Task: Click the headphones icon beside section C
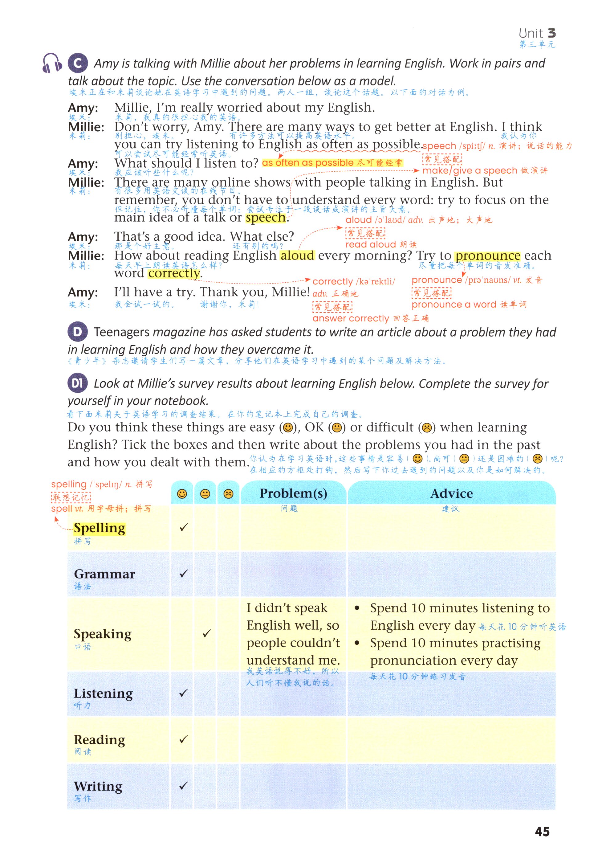click(x=52, y=63)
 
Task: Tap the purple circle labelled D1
click(x=78, y=383)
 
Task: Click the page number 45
click(x=542, y=832)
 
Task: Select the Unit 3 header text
click(x=537, y=33)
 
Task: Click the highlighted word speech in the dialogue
click(x=266, y=218)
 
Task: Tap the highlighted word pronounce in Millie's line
click(x=487, y=256)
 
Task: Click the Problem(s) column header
click(x=293, y=493)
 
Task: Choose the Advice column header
click(x=451, y=493)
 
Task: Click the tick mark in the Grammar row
click(x=183, y=573)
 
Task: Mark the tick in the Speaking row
click(x=206, y=633)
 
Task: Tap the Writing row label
click(x=98, y=786)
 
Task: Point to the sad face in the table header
click(x=228, y=493)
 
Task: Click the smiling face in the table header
click(x=182, y=493)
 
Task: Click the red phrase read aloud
click(x=371, y=244)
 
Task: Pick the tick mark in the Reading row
click(x=183, y=739)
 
